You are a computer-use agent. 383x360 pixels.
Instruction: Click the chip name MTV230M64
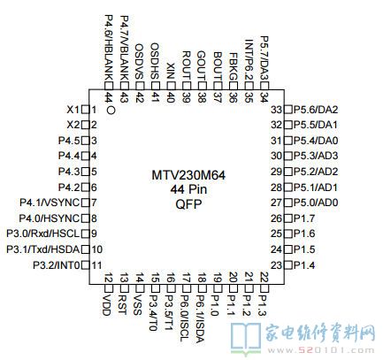point(188,175)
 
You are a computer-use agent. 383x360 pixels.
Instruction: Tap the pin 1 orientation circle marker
point(111,111)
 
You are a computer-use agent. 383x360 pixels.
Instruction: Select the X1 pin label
point(73,110)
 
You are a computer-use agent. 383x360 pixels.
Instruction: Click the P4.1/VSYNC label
point(50,203)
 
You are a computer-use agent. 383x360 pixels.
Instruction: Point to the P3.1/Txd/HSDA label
point(43,249)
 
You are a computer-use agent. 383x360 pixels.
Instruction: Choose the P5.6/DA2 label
point(316,110)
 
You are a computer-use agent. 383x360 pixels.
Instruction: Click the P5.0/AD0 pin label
point(316,203)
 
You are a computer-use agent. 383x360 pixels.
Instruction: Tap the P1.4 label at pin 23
point(304,265)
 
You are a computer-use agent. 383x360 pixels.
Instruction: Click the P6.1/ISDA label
point(201,318)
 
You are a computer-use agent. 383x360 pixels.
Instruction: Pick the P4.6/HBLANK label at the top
point(109,48)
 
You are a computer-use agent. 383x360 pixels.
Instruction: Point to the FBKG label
point(233,67)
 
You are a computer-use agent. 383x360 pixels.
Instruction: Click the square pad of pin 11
point(86,265)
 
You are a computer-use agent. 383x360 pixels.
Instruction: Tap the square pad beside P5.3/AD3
point(288,156)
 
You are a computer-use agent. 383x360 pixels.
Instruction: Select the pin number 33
point(277,110)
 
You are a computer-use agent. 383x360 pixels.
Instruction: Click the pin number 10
point(97,249)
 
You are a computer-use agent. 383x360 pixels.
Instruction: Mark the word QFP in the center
point(188,204)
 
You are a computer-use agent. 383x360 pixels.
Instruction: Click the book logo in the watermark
point(245,339)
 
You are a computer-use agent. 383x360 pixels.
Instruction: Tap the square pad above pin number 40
point(171,86)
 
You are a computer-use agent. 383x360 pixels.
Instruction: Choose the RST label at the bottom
point(122,304)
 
